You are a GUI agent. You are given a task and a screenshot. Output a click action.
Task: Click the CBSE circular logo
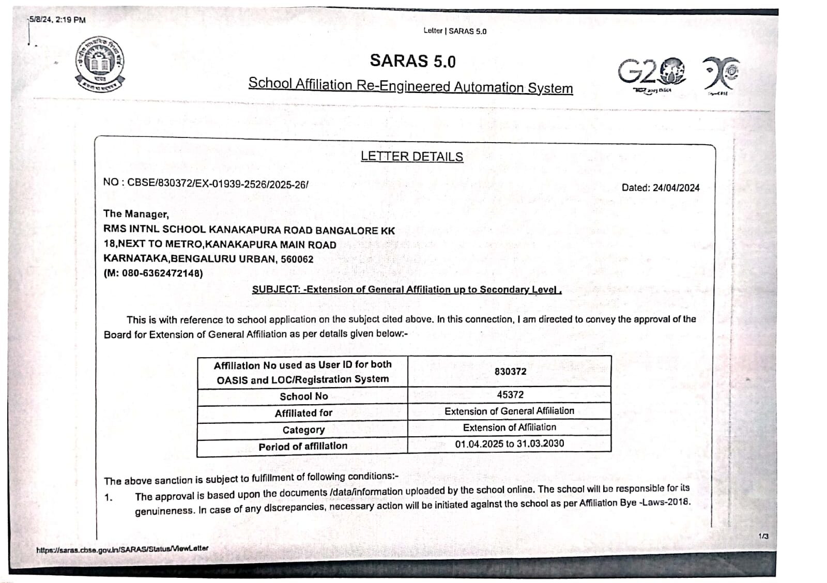(x=100, y=65)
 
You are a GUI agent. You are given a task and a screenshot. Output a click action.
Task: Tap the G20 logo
(x=652, y=72)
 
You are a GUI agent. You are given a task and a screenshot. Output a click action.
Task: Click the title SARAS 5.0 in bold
(x=412, y=61)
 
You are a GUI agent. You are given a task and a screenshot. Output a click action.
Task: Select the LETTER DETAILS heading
(x=411, y=157)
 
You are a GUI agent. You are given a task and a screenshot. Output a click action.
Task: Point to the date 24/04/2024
(x=676, y=188)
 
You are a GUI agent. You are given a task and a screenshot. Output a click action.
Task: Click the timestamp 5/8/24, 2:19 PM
(x=57, y=20)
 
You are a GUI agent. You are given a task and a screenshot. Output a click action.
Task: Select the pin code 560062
(x=297, y=259)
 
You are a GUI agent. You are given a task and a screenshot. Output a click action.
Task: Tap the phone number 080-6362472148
(x=160, y=273)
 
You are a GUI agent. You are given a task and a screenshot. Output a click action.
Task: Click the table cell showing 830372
(x=510, y=372)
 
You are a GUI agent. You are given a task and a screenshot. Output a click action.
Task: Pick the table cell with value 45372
(x=510, y=395)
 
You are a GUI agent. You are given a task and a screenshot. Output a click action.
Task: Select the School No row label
(x=303, y=396)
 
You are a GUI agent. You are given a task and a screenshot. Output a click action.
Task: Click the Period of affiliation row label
(x=303, y=446)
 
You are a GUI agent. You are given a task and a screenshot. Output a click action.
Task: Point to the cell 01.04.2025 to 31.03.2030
(x=509, y=443)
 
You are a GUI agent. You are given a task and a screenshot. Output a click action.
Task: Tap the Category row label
(x=303, y=430)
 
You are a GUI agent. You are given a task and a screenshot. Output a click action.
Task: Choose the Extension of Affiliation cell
(x=509, y=427)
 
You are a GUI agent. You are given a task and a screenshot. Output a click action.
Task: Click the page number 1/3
(x=763, y=536)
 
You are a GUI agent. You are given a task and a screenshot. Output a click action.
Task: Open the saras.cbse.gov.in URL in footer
(x=122, y=549)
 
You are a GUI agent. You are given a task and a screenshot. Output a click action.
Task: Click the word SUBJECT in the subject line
(x=275, y=289)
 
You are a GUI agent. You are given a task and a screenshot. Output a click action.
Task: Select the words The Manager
(x=136, y=214)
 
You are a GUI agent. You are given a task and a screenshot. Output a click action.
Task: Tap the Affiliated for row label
(x=303, y=413)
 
